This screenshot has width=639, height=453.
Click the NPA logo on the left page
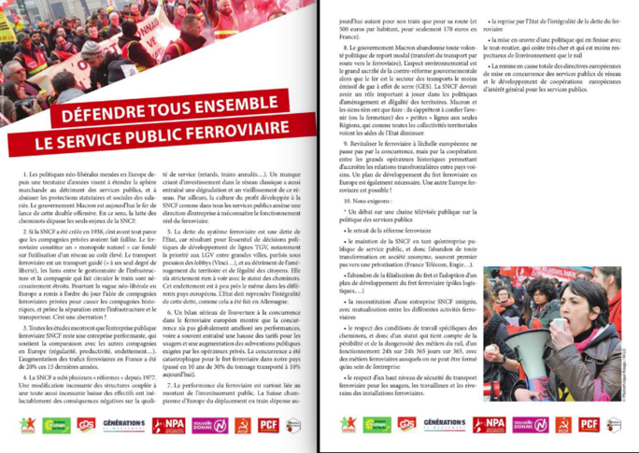167,425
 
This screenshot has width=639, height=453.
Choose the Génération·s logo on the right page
444,425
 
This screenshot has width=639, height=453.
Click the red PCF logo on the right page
588,425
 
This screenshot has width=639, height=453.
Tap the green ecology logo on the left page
56,425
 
